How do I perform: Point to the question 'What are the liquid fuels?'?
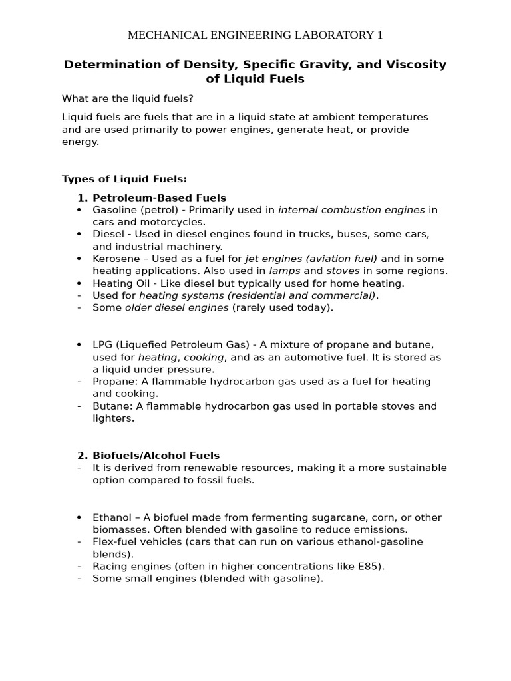[128, 98]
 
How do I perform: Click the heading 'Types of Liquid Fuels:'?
[124, 179]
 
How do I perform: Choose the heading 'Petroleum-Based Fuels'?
[159, 198]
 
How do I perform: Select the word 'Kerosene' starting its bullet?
[115, 259]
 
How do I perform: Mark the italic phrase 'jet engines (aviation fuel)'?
[311, 259]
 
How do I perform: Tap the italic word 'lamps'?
[285, 271]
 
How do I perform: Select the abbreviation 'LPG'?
[103, 344]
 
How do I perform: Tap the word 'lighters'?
[112, 418]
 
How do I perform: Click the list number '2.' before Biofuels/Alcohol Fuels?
[83, 456]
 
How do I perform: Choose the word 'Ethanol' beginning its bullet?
[111, 517]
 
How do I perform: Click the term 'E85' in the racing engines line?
[371, 566]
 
